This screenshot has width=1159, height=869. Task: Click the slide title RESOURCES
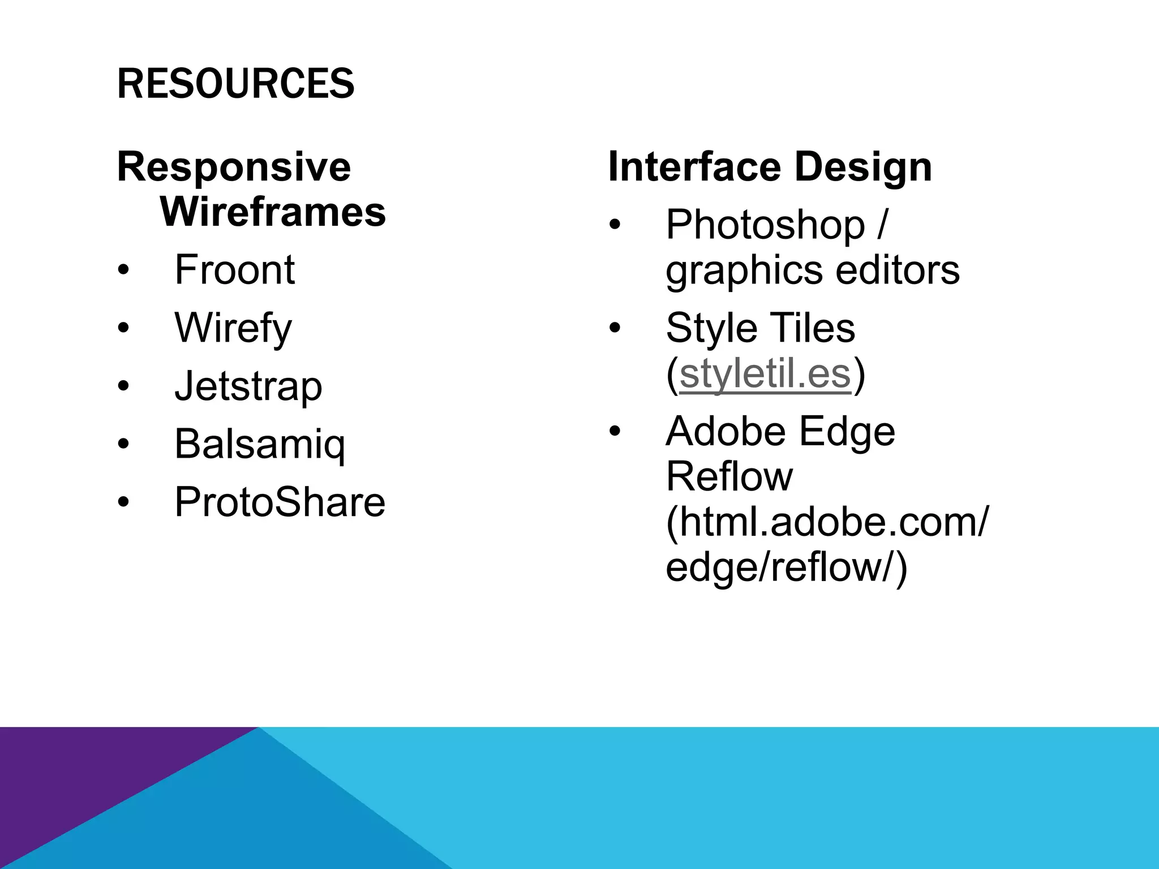coord(235,83)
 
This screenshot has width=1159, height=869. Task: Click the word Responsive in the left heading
coord(234,167)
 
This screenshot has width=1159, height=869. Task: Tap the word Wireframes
coord(273,212)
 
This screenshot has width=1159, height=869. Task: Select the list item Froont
coord(234,270)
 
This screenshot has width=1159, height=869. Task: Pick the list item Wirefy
coord(233,328)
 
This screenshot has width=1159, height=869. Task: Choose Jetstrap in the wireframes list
coord(248,386)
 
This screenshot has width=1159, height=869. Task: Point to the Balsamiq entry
coord(259,445)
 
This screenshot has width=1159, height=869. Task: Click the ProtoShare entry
coord(280,502)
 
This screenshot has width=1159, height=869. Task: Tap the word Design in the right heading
coord(862,167)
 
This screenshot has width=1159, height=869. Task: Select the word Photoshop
coord(765,225)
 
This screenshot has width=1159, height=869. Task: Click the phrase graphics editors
coord(812,270)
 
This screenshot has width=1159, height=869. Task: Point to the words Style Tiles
coord(760,328)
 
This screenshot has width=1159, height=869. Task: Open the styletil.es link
coord(765,374)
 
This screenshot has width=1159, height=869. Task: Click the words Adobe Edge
coord(780,432)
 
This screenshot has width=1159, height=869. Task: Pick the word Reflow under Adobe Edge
coord(729,476)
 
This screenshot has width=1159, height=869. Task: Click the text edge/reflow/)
coord(786,567)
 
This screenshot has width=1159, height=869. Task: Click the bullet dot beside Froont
coord(123,270)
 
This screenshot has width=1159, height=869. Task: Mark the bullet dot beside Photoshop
coord(615,225)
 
